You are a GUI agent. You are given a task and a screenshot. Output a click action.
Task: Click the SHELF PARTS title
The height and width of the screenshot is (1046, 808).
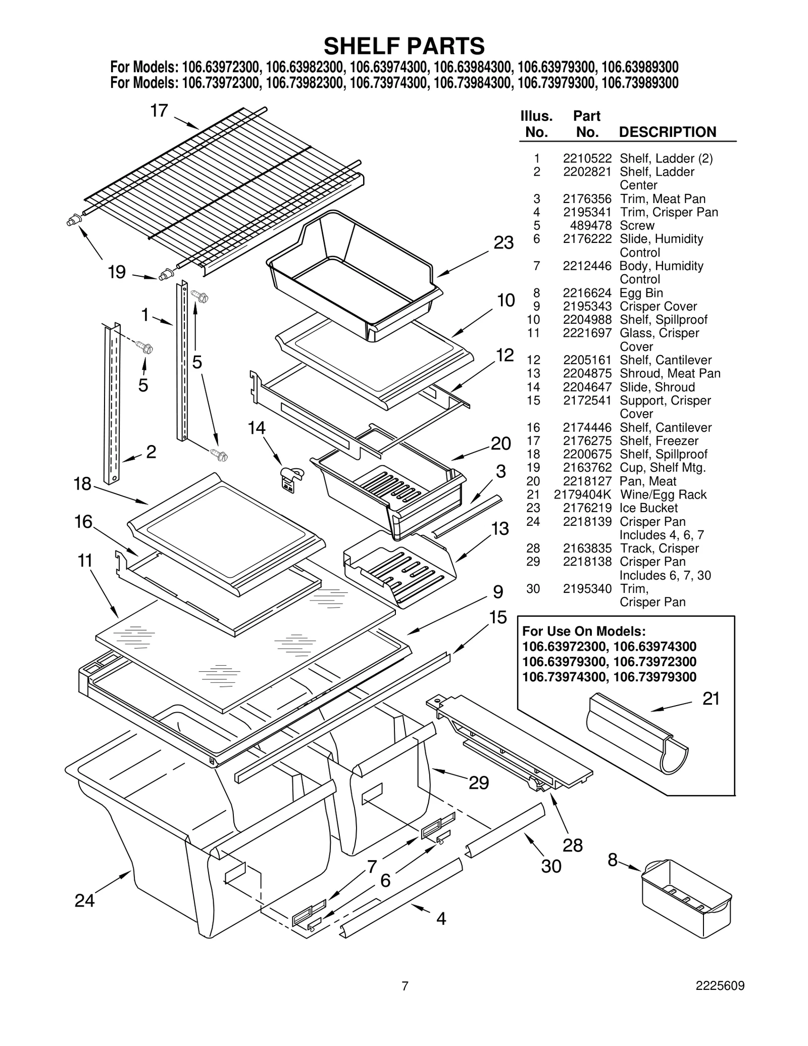404,46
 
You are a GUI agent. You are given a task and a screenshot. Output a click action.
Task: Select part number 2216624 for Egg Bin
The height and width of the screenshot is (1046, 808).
587,293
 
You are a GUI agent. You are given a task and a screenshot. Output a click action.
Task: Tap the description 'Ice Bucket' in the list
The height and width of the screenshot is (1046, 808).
648,508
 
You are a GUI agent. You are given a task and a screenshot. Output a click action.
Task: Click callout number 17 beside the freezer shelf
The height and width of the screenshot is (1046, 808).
159,111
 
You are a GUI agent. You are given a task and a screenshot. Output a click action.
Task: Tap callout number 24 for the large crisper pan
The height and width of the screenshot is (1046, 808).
84,901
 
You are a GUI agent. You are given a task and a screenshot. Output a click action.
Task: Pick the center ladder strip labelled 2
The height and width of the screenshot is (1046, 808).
112,404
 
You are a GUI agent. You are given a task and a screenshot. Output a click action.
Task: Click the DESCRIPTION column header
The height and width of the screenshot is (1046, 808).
667,132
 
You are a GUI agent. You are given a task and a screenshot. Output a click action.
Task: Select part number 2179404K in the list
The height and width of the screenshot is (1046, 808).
582,494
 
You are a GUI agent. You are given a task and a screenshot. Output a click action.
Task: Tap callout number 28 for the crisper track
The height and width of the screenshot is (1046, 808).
573,845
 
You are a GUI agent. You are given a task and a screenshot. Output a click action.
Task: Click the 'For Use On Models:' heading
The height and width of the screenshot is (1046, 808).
584,631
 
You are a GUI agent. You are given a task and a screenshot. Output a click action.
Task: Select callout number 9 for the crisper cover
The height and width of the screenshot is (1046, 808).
498,591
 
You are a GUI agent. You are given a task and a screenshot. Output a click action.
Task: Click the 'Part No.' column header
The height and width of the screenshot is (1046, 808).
587,124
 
